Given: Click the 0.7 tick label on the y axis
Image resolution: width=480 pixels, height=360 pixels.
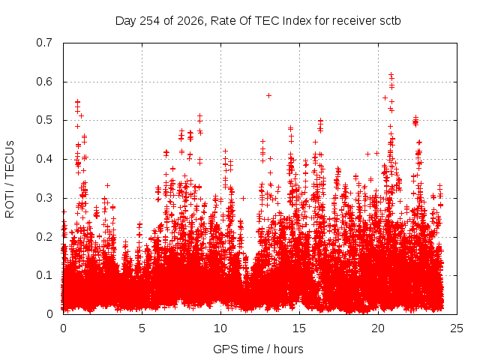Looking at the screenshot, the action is tap(44, 43).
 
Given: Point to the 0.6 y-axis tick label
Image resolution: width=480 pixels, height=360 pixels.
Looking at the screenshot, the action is tap(44, 82).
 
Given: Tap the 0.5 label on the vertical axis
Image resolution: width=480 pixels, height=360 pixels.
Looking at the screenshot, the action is tap(44, 120).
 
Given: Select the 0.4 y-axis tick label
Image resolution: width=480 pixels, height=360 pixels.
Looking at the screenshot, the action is tap(44, 159).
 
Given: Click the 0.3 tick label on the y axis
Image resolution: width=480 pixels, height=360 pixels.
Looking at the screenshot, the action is tap(44, 198).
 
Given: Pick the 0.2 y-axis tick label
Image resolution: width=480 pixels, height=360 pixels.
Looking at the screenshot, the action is tap(44, 237).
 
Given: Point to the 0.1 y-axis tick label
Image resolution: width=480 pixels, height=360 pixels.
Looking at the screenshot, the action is tap(44, 275).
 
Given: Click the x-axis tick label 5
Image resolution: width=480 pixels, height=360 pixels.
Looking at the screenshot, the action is tap(142, 328).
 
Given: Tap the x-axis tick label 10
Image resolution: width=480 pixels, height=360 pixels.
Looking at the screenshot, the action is tap(220, 328).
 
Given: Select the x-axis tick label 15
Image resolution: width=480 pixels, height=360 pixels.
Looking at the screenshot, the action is tap(299, 328).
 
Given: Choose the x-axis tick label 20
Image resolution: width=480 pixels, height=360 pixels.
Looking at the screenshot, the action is tap(378, 328).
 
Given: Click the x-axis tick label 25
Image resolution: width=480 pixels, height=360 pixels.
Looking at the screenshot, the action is tap(457, 328).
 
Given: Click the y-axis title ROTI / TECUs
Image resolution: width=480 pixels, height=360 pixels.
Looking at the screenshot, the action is tap(10, 179).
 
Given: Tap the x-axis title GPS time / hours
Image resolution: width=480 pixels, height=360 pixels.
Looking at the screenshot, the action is tap(258, 349).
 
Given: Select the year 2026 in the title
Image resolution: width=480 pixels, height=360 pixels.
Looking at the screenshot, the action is tap(190, 21).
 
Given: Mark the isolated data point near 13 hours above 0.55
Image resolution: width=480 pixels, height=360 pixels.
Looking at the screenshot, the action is tap(268, 95).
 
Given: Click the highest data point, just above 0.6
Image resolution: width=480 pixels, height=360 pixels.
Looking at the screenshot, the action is tap(391, 74).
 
